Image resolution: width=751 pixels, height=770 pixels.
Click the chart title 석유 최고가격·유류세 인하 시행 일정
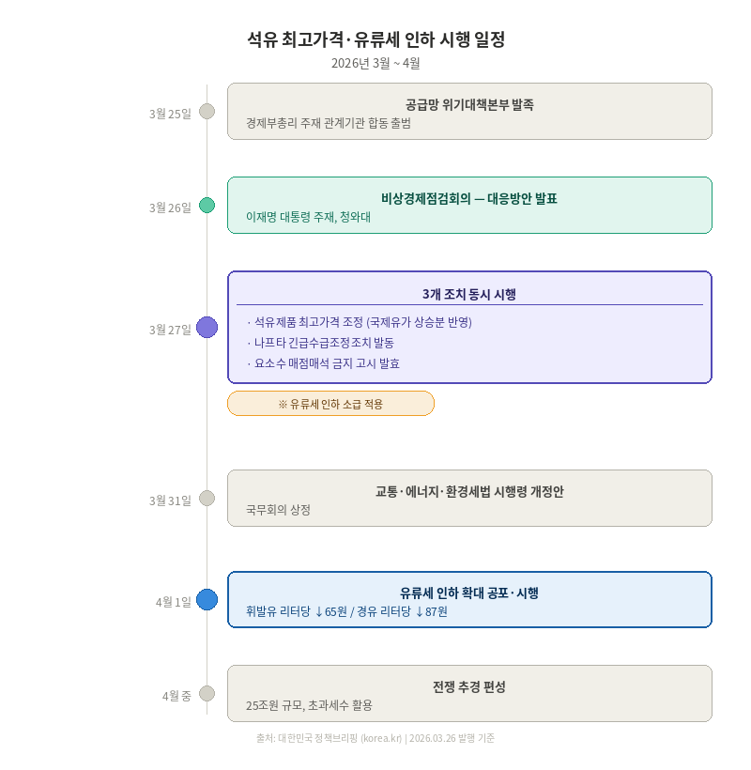(x=375, y=39)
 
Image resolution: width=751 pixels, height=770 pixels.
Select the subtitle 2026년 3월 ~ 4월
(x=375, y=63)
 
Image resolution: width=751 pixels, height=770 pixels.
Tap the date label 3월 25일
(x=170, y=114)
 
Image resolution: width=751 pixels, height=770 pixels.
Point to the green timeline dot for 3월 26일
(x=207, y=206)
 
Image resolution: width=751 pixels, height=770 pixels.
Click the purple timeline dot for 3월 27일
(x=207, y=328)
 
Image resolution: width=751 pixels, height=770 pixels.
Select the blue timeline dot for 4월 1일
(x=207, y=600)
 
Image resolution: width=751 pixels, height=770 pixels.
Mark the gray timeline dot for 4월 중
(x=207, y=694)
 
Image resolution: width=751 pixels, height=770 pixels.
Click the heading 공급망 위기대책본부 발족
(x=469, y=104)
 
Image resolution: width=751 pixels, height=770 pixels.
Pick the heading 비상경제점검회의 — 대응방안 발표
(x=469, y=198)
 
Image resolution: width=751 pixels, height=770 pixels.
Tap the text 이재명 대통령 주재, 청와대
(x=309, y=217)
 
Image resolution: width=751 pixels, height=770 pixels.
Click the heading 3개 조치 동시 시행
(x=469, y=294)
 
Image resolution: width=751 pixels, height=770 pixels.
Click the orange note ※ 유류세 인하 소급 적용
(x=330, y=404)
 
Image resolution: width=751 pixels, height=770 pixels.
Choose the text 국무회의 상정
(x=278, y=510)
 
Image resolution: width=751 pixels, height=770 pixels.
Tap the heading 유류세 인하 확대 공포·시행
(x=469, y=593)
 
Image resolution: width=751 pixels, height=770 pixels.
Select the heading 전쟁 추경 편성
(x=469, y=686)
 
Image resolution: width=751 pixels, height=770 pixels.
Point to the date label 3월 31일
(x=170, y=500)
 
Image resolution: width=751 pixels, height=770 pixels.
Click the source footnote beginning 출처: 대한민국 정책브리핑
(x=375, y=738)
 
